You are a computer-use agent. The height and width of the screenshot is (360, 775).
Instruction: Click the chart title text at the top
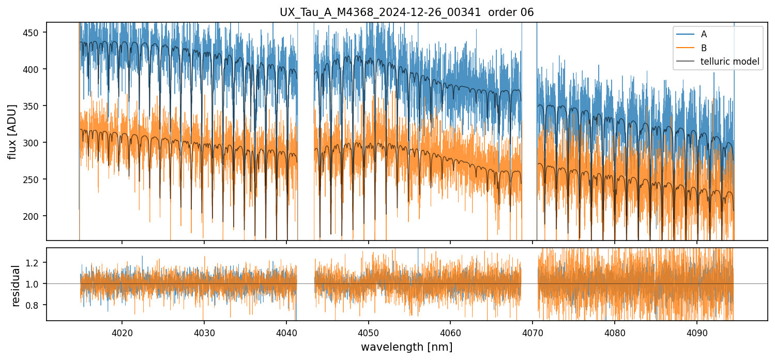(407, 12)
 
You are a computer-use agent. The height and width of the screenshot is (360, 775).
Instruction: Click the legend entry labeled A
(704, 34)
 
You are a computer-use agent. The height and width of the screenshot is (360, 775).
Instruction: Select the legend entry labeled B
(704, 48)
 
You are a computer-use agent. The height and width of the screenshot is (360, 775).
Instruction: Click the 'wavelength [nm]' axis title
(407, 347)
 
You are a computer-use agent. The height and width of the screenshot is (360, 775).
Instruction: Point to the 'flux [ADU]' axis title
(12, 131)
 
